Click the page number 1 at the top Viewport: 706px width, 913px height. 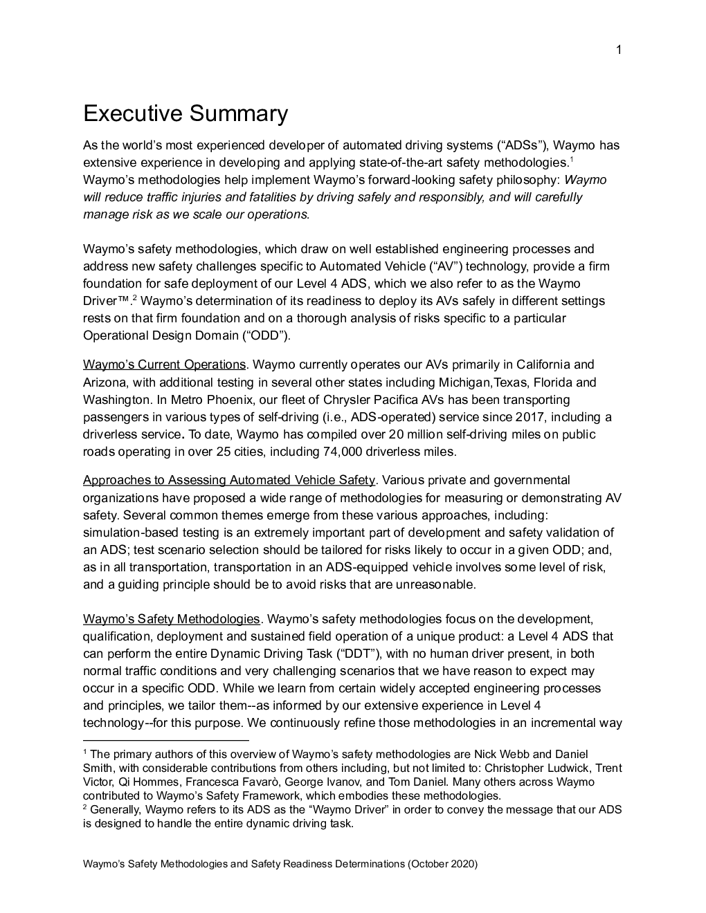(x=619, y=49)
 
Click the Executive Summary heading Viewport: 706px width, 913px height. (x=185, y=113)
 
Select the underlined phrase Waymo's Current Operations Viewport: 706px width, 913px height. (x=164, y=365)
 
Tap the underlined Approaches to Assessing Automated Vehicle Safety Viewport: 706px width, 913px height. (x=228, y=480)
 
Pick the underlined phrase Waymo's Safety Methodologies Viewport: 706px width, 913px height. (x=171, y=618)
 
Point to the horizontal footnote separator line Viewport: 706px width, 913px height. (x=165, y=740)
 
